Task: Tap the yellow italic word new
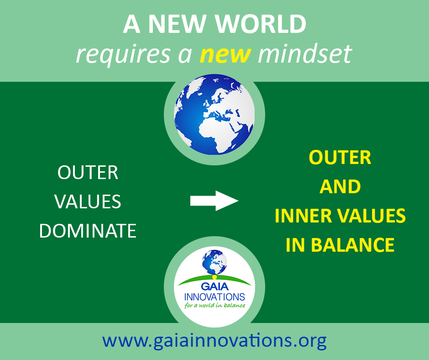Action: tap(225, 54)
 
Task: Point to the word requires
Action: tap(123, 54)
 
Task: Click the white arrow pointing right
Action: tap(214, 201)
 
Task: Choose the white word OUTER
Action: tap(88, 173)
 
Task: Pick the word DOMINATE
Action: tap(88, 231)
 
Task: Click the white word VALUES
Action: tap(88, 201)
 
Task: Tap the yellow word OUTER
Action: tap(340, 158)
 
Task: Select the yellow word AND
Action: tap(340, 186)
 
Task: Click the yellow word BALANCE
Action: tap(353, 245)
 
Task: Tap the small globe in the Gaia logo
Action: tap(214, 262)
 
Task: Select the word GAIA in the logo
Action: tap(214, 286)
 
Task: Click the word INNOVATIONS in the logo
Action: tap(214, 297)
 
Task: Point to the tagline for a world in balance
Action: tap(215, 305)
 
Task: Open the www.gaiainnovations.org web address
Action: tap(214, 341)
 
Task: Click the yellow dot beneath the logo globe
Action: tap(214, 277)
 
